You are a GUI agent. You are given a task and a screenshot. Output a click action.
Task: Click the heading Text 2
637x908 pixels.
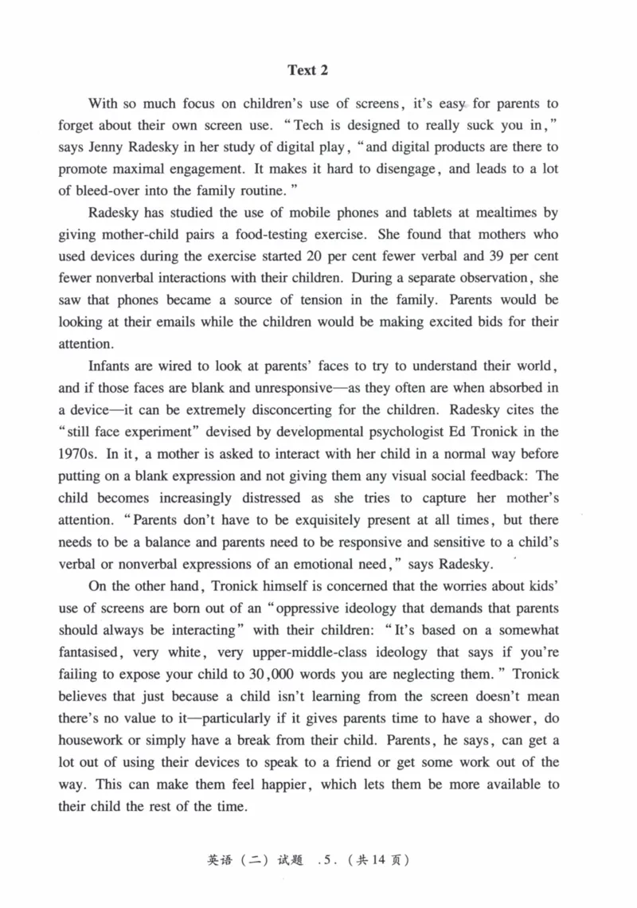click(x=307, y=71)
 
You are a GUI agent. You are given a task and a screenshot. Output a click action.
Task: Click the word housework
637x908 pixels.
click(x=92, y=740)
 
